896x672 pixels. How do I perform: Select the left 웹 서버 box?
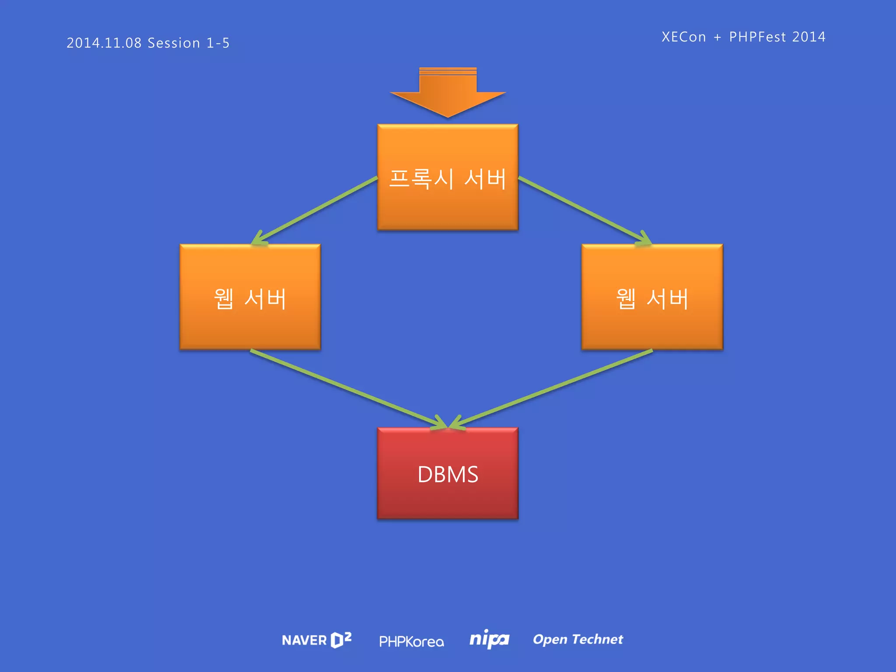coord(250,297)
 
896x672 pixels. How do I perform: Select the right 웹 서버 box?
coord(652,297)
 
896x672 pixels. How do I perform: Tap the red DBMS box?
coord(448,473)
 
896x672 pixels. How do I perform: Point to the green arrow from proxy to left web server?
coord(315,210)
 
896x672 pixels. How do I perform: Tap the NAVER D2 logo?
coord(316,640)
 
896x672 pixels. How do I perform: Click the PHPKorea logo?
coord(411,641)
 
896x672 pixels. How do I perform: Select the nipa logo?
coord(489,639)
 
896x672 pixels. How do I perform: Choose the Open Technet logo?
coord(577,639)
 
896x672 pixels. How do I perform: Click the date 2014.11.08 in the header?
coord(104,43)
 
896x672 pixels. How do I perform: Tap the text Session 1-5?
coord(189,43)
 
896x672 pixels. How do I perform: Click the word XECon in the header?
coord(683,37)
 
